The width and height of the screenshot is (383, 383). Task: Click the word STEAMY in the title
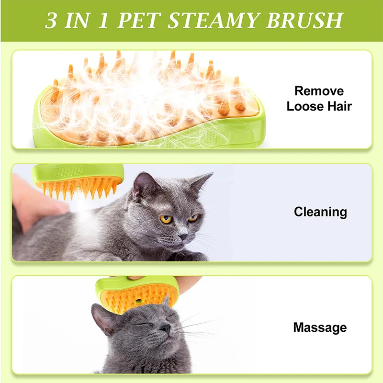(x=212, y=20)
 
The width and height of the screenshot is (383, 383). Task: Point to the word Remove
(x=319, y=91)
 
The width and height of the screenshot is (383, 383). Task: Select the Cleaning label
(x=320, y=212)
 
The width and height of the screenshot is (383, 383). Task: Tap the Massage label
(x=320, y=327)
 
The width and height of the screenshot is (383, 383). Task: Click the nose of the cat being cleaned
(x=183, y=236)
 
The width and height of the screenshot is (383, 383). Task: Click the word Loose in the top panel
(x=305, y=106)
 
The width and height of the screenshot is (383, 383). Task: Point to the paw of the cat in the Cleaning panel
(x=191, y=256)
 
